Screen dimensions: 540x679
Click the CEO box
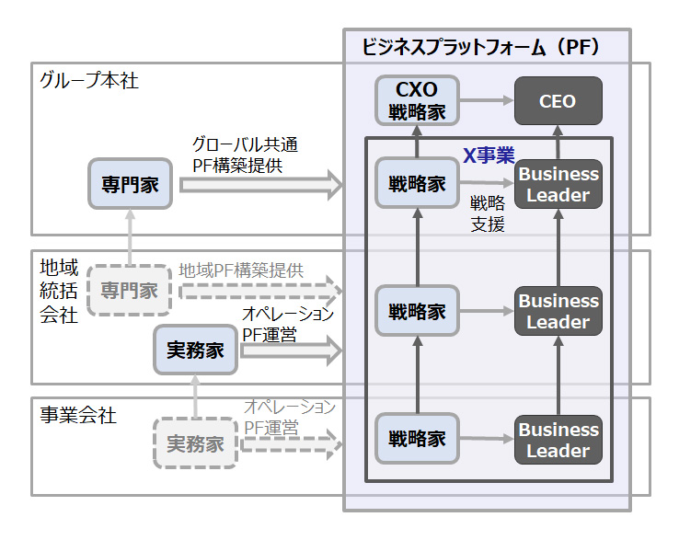coord(558,100)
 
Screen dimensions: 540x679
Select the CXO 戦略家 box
coord(417,100)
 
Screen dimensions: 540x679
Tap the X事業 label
coord(488,156)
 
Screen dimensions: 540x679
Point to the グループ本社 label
coord(89,80)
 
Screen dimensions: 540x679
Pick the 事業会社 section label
coord(78,415)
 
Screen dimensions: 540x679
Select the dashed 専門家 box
coord(130,291)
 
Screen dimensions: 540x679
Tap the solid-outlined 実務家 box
coord(196,350)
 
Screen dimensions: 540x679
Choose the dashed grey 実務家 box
coord(196,443)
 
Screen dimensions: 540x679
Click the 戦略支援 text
coord(487,213)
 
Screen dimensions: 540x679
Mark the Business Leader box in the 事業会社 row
coord(558,441)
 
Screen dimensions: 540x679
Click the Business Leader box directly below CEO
coord(558,184)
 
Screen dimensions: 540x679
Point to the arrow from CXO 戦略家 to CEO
coord(485,100)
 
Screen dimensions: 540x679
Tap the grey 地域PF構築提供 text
coord(241,270)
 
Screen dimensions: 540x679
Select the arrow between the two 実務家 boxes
coord(196,396)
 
